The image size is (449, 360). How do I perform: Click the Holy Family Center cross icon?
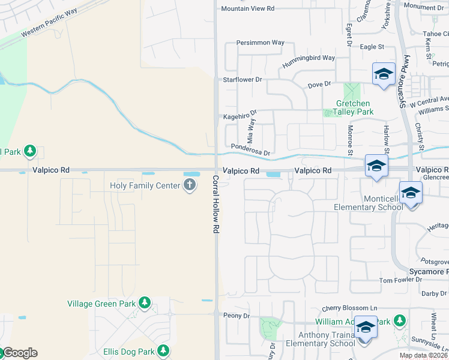[190, 185]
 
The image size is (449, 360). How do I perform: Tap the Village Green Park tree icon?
[144, 303]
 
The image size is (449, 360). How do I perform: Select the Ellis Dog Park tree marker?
[162, 352]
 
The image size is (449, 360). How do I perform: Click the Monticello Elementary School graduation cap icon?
[411, 193]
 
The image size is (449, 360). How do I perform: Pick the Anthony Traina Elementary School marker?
[365, 327]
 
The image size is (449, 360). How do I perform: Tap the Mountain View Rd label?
[247, 8]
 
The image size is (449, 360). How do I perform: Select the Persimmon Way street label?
[260, 43]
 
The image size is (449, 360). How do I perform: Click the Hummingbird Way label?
[310, 58]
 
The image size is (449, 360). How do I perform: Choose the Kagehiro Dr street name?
[240, 115]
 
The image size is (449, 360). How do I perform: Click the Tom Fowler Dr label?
[401, 280]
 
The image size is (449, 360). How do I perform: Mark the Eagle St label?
[372, 46]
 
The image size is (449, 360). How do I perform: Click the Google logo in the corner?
[19, 353]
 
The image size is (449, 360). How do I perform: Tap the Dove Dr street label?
[319, 85]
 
